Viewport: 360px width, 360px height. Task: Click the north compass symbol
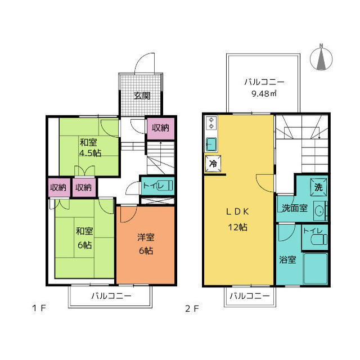321,58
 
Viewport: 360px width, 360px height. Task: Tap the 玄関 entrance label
142,96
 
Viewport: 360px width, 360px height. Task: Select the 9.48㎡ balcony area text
264,93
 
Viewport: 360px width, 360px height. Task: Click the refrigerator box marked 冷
213,164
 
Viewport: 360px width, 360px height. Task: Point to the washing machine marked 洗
318,187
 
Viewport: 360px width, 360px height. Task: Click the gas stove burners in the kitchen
211,123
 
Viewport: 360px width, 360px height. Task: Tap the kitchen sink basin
211,144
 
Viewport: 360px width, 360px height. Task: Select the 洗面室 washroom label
295,208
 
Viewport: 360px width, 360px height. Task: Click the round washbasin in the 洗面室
319,211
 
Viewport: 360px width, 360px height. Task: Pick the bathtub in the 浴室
316,268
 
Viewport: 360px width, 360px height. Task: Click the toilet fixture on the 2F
319,239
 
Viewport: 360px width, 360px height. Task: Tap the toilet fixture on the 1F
165,186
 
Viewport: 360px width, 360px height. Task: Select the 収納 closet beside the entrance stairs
161,129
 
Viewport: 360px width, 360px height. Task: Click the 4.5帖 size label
90,153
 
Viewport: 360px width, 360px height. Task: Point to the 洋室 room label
146,237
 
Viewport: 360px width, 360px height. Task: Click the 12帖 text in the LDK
237,227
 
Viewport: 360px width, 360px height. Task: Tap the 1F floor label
39,308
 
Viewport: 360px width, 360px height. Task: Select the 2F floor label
192,309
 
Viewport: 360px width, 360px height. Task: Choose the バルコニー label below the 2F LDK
250,296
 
